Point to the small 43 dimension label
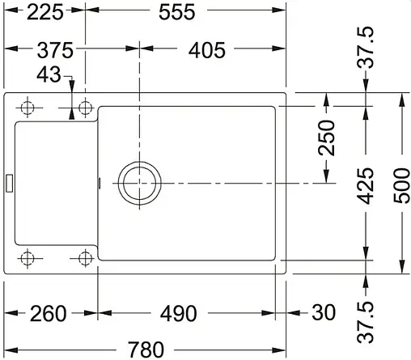click(x=49, y=75)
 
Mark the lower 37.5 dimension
click(x=367, y=320)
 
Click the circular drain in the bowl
click(x=139, y=182)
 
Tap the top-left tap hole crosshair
click(x=28, y=108)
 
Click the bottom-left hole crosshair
click(x=28, y=259)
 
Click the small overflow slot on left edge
click(x=8, y=182)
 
